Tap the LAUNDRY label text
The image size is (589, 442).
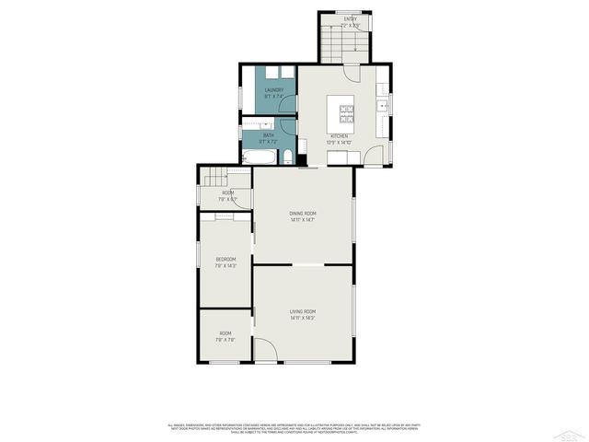pyautogui.click(x=274, y=89)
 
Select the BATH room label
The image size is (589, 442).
pyautogui.click(x=268, y=135)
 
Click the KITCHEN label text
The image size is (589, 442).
pyautogui.click(x=340, y=135)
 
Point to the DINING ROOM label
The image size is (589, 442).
pyautogui.click(x=303, y=213)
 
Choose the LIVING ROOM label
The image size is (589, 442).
pyautogui.click(x=303, y=311)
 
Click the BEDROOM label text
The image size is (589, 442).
pyautogui.click(x=225, y=259)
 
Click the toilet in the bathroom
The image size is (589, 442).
pyautogui.click(x=288, y=157)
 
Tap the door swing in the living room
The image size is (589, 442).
pyautogui.click(x=264, y=350)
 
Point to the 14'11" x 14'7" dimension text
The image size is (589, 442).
pyautogui.click(x=303, y=219)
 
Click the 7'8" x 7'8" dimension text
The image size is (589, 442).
pyautogui.click(x=225, y=339)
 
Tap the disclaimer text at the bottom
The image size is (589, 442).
pyautogui.click(x=294, y=428)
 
